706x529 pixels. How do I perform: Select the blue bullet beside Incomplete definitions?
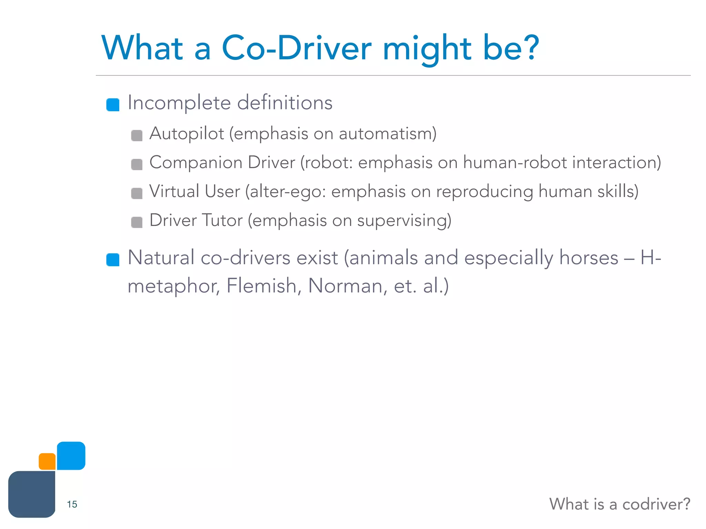click(113, 105)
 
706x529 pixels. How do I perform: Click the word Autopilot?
click(186, 134)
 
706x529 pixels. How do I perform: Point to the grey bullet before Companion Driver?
click(137, 164)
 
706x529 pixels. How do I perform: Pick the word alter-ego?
click(287, 191)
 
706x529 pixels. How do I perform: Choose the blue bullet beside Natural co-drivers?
click(113, 260)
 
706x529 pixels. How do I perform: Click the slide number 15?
click(72, 504)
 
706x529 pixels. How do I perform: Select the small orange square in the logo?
click(47, 461)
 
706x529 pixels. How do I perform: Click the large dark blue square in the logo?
click(32, 494)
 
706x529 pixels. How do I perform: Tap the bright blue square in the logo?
click(71, 456)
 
